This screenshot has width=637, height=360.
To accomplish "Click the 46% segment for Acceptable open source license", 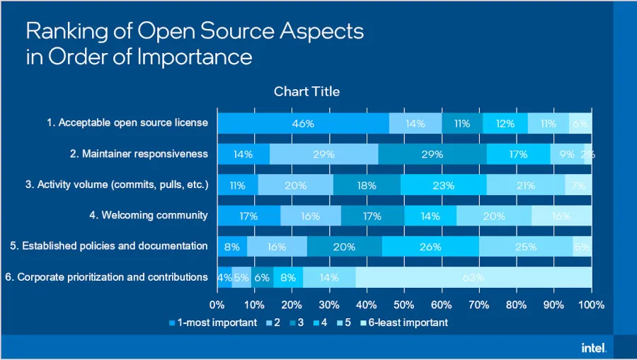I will (302, 123).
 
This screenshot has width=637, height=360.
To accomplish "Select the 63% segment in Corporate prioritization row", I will (474, 277).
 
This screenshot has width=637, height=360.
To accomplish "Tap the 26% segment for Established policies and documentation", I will (430, 247).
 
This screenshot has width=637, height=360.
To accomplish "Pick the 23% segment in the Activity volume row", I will (443, 185).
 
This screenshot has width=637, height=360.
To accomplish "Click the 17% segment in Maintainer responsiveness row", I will (518, 154).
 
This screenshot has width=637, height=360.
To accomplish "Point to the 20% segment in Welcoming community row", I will (493, 216).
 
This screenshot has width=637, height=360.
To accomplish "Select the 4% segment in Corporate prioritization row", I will (224, 277).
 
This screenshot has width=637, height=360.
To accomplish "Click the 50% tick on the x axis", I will (404, 305).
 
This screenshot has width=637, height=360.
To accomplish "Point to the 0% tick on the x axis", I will (217, 305).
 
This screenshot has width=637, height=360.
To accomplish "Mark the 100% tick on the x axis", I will (591, 305).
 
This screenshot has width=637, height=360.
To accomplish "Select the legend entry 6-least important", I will (407, 323).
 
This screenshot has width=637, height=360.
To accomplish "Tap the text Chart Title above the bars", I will (306, 91).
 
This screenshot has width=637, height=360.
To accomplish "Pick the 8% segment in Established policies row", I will (232, 247).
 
